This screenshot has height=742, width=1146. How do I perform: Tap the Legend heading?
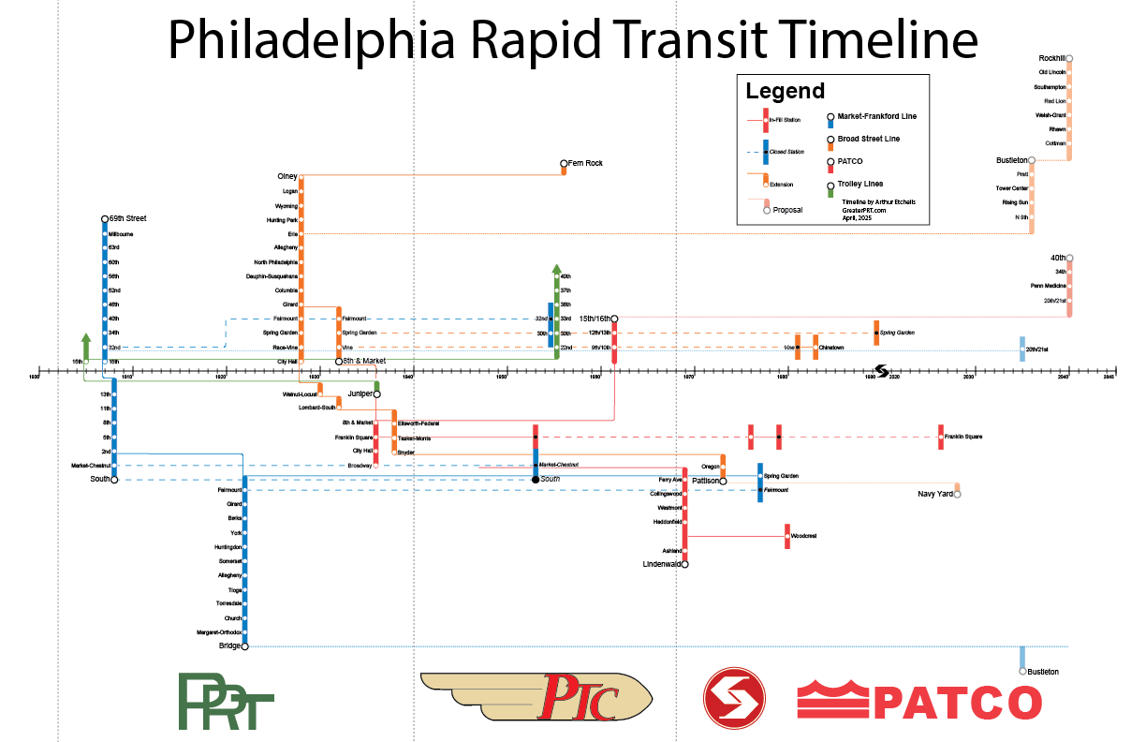pos(785,92)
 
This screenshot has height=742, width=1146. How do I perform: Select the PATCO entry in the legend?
pos(851,161)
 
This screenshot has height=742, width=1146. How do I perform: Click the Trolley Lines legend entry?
pos(860,185)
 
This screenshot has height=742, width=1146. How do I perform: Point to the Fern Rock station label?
pos(585,164)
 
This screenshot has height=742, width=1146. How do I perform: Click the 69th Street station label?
pos(127,218)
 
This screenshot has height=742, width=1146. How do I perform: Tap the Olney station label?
pos(286,176)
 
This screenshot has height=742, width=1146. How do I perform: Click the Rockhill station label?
pos(1051,58)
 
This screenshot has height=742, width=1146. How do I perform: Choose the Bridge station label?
pos(229,646)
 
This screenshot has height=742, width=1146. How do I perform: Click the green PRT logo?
pos(226,700)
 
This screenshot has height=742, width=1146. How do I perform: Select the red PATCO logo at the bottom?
pos(918,701)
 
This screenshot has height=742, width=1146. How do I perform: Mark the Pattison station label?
pos(704,481)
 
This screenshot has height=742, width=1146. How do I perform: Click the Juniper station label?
pos(360,394)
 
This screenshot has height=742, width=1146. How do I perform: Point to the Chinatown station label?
pos(831,348)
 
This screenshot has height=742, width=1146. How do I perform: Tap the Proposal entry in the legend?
pos(789,210)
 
